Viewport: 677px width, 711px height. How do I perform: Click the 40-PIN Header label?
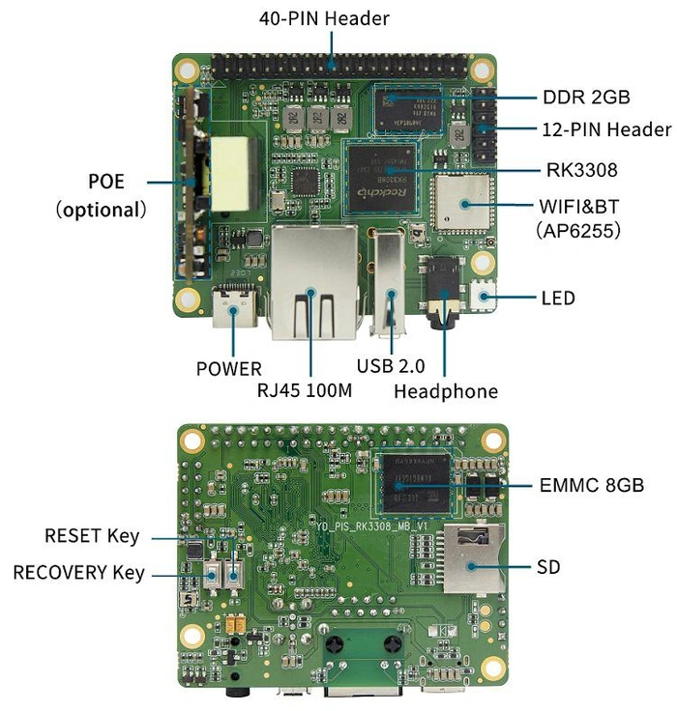324,17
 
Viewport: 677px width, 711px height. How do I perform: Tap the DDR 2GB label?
586,97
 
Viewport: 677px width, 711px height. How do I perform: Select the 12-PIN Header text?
605,128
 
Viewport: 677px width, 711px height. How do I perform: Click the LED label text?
557,298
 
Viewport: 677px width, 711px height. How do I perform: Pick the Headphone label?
446,390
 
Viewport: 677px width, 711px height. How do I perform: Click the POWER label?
228,368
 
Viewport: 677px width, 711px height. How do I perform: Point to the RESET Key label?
92,535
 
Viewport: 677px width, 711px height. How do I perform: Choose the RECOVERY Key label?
78,573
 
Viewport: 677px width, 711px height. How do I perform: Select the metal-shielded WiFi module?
462,204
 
